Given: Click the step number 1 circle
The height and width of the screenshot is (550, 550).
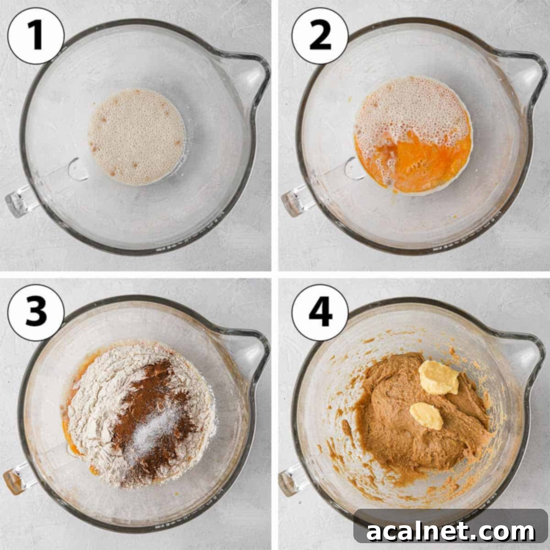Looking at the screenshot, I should click(x=36, y=35).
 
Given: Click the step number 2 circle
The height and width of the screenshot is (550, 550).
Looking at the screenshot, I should click(x=319, y=35).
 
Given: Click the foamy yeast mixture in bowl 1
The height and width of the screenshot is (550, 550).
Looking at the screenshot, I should click(x=137, y=137).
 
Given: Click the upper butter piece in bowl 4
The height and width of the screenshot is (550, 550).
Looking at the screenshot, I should click(x=439, y=377).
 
